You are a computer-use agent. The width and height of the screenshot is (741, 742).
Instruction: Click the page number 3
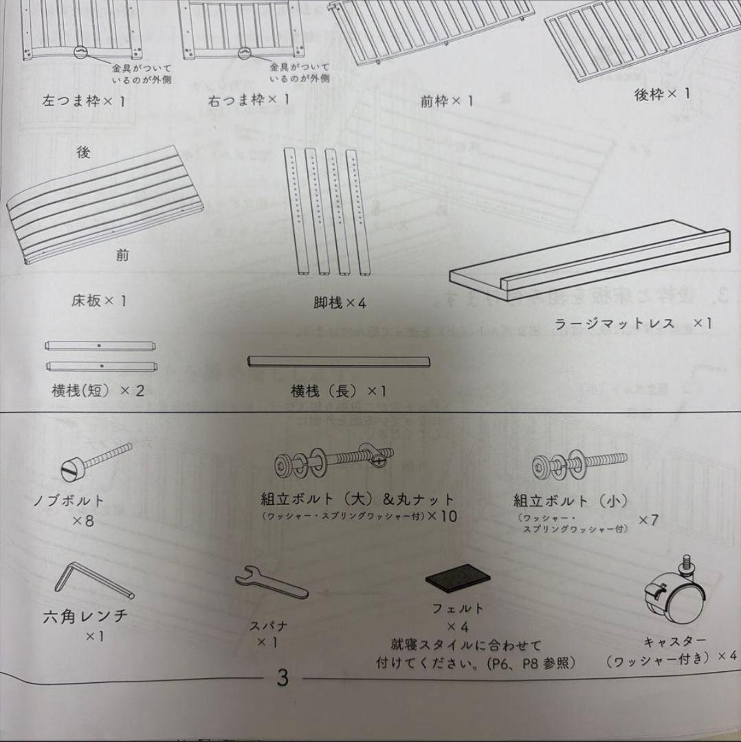(x=283, y=678)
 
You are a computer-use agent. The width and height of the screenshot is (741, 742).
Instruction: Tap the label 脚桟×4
(x=340, y=302)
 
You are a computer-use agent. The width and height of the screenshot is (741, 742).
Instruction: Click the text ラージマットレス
(x=615, y=324)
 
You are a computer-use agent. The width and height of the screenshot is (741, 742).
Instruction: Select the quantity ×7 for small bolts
(x=648, y=519)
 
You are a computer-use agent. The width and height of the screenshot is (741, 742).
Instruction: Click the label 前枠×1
(x=447, y=102)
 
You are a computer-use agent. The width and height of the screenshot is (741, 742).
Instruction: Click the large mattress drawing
(x=591, y=265)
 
